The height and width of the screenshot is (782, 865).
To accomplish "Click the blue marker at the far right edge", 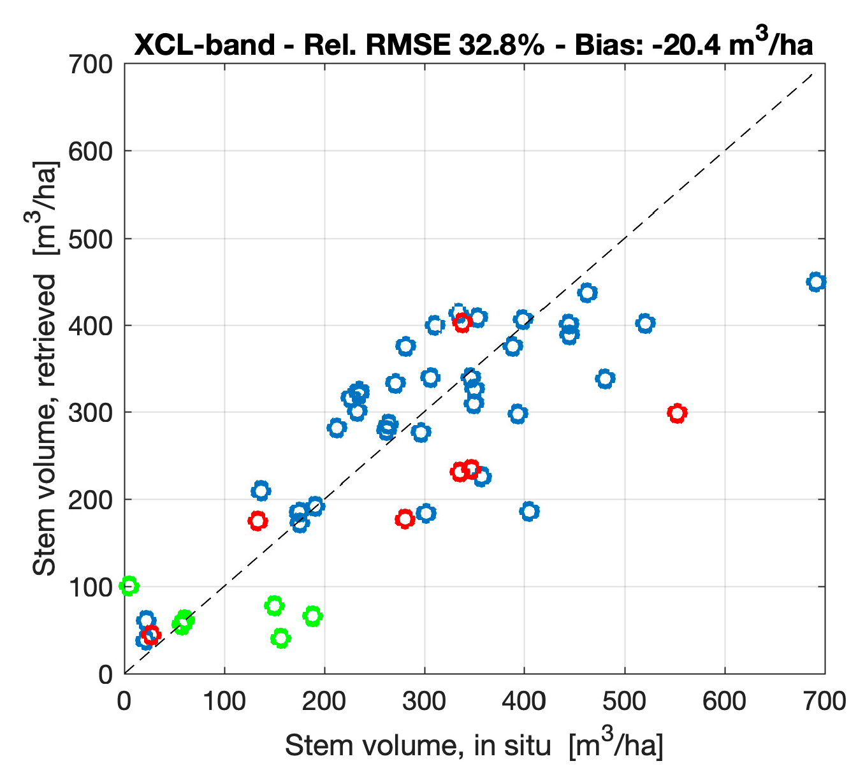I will (817, 282).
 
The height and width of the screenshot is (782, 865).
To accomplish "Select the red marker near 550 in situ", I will (677, 413).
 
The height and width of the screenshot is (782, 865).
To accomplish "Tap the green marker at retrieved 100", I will (129, 586).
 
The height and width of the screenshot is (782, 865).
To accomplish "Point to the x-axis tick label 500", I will (625, 701).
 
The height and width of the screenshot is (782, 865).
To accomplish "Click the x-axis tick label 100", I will (224, 701).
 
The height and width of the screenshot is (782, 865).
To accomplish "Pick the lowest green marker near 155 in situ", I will (280, 637).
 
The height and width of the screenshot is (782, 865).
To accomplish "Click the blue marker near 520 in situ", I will (645, 323).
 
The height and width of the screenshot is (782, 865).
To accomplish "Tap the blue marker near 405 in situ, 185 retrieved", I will (529, 511).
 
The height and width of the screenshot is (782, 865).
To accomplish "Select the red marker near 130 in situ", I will (258, 521).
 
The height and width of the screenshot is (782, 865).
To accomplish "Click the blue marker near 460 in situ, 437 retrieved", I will (587, 293).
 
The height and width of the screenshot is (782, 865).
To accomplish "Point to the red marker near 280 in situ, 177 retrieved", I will (405, 519).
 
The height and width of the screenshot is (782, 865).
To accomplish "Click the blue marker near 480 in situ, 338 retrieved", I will (605, 379).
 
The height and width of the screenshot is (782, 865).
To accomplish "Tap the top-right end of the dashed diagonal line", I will (813, 74).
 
